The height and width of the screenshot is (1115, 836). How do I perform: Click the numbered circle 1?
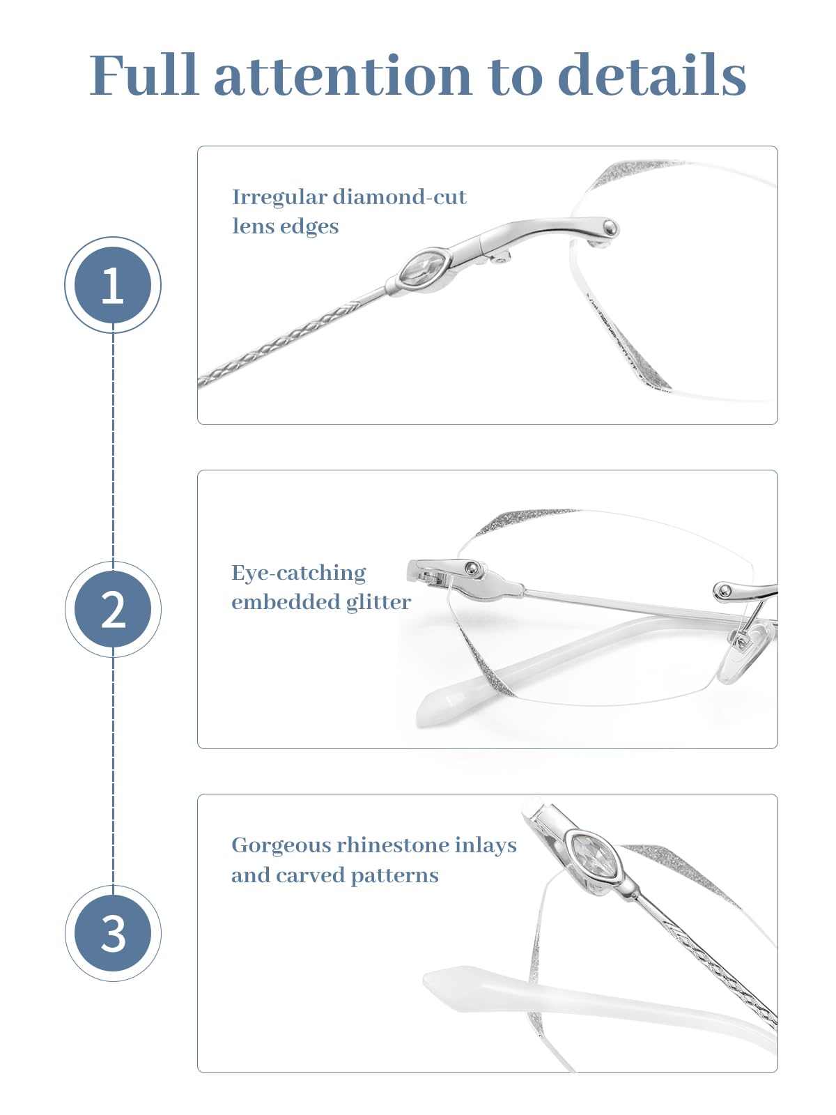pos(113,285)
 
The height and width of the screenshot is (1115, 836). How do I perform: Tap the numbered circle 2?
pos(113,609)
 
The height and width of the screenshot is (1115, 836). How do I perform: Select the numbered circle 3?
pos(113,933)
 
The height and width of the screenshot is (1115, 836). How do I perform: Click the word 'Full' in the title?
pos(144,75)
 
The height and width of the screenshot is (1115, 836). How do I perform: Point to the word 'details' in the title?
pos(652,75)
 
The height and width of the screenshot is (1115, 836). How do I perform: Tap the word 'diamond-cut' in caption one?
pos(399,197)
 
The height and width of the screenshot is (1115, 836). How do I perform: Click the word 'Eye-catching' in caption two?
pos(298,574)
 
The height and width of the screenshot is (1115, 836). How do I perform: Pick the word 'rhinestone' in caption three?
pos(392,845)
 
